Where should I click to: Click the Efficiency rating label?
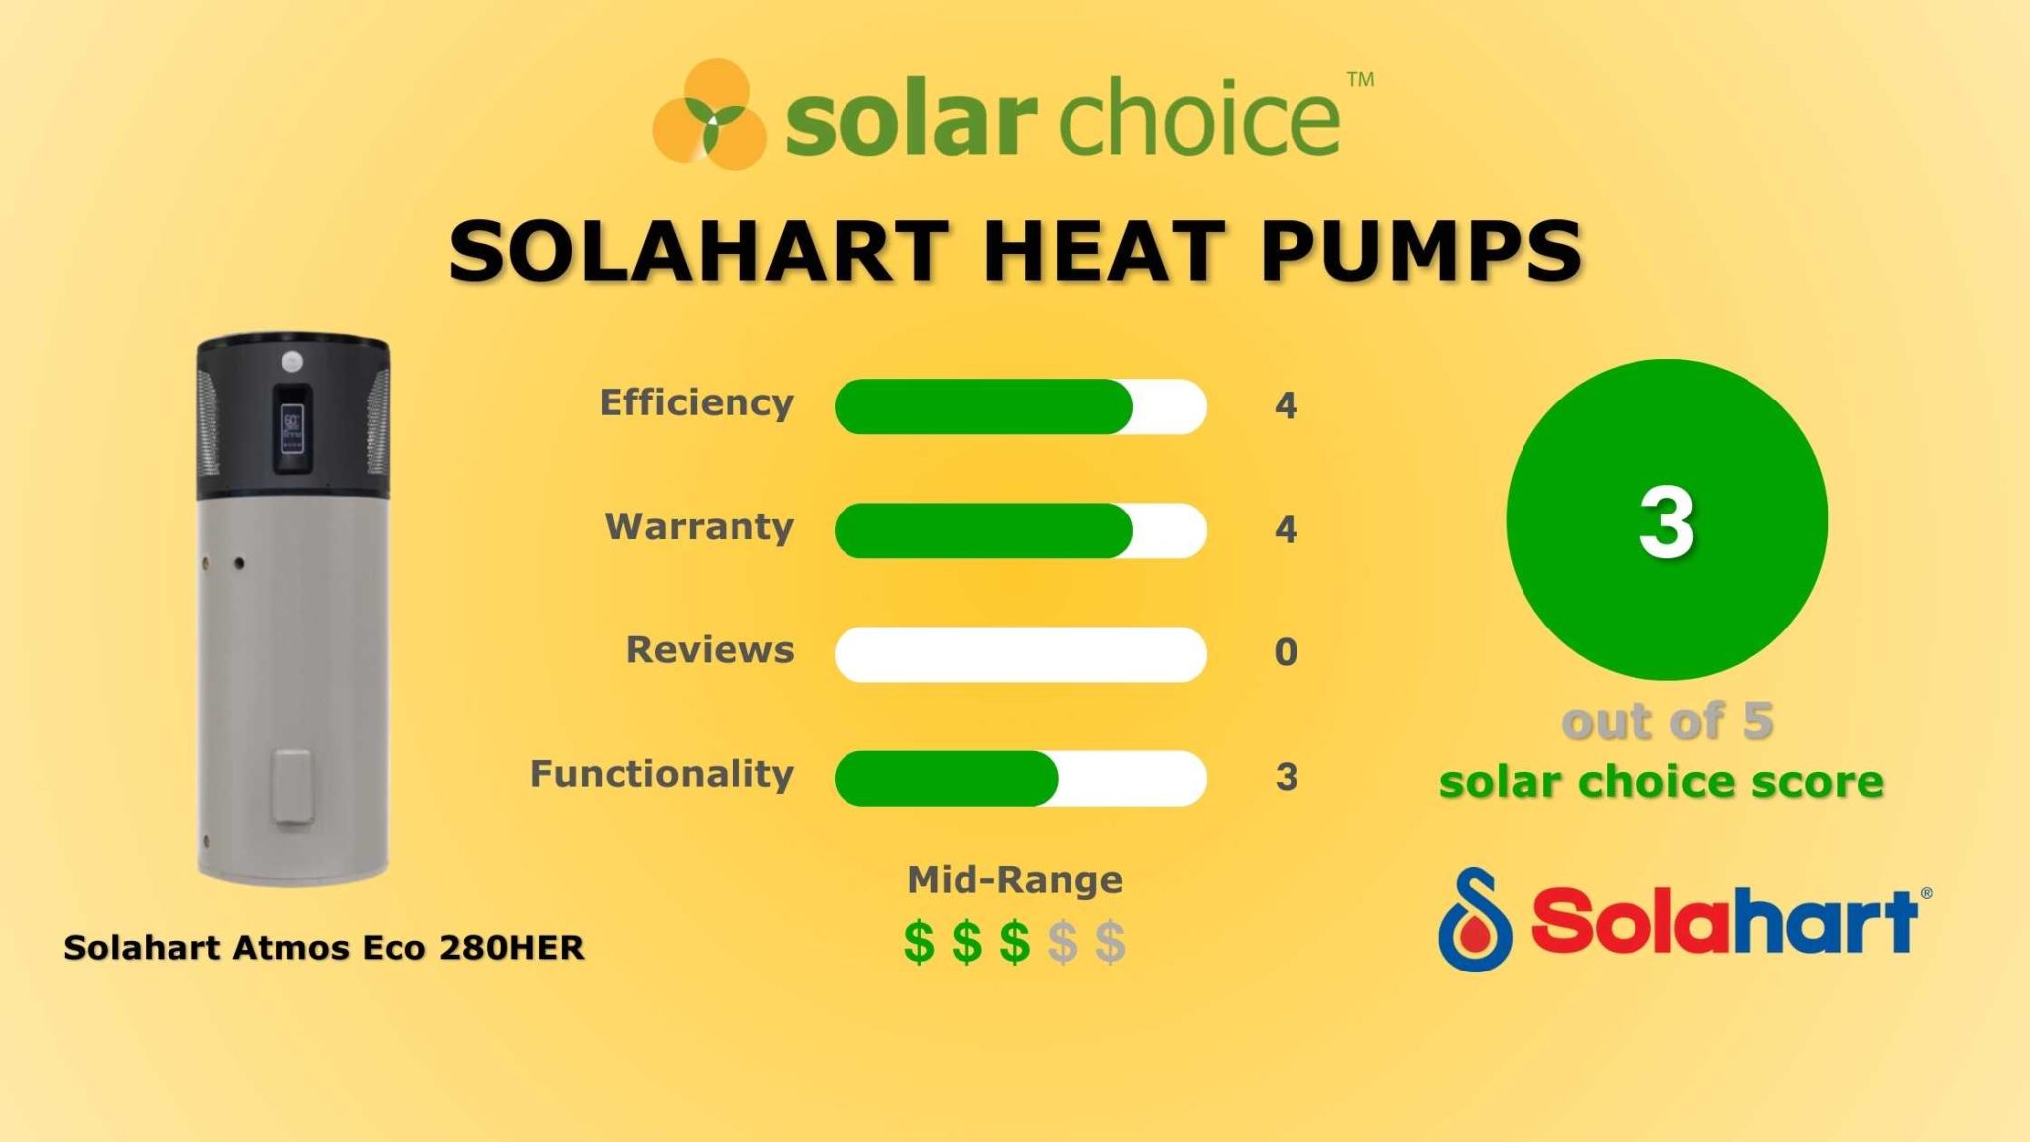pos(696,403)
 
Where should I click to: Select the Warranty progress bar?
pos(1020,530)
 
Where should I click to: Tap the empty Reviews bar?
pos(1020,654)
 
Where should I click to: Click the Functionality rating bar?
pos(1020,778)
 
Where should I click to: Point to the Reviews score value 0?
pos(1286,653)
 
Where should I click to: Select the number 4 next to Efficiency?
pos(1286,405)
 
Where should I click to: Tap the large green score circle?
pos(1666,519)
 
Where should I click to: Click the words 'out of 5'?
pos(1667,721)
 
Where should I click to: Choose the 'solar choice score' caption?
pos(1661,782)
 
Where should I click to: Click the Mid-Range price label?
pos(1015,880)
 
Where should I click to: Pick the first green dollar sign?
pos(919,942)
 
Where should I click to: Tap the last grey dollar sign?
pos(1110,942)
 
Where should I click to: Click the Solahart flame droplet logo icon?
pos(1475,920)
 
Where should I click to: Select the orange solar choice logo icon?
pos(710,114)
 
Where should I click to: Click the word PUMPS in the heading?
pos(1421,251)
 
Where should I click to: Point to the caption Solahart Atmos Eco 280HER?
pos(324,948)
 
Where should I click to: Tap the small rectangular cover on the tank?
pos(293,786)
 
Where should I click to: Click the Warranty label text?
pos(699,527)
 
